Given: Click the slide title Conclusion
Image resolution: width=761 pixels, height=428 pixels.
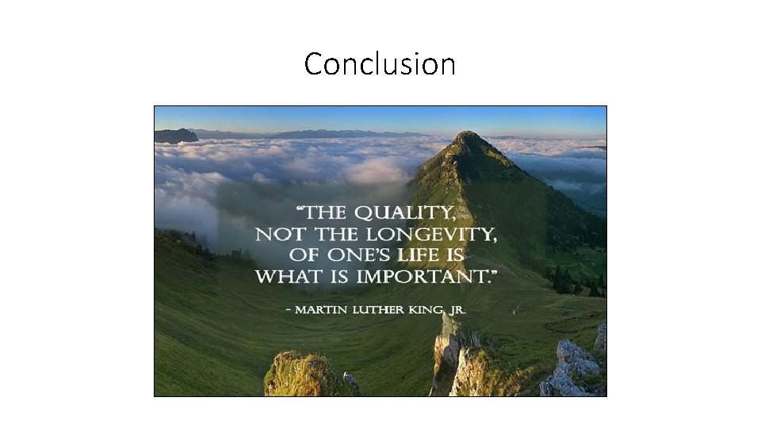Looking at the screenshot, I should pyautogui.click(x=380, y=64).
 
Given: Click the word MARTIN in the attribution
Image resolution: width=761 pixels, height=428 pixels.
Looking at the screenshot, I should pyautogui.click(x=323, y=308).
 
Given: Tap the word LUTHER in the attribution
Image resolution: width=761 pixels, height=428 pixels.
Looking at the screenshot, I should pyautogui.click(x=380, y=308).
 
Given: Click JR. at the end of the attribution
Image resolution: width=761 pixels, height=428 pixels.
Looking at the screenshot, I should pyautogui.click(x=456, y=308).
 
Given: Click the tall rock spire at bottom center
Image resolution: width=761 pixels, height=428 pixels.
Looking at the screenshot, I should pyautogui.click(x=446, y=349).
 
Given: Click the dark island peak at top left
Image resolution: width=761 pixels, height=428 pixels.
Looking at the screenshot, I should pyautogui.click(x=176, y=136).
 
